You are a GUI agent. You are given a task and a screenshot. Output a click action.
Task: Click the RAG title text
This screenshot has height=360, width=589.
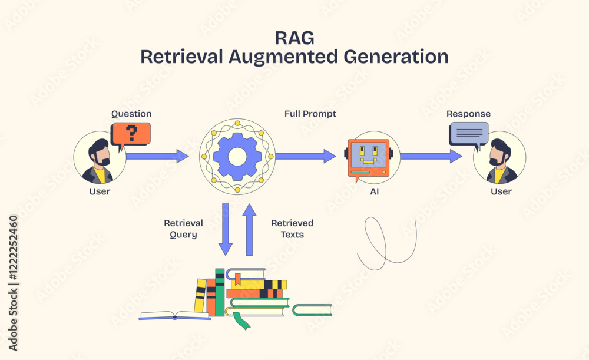(x=294, y=37)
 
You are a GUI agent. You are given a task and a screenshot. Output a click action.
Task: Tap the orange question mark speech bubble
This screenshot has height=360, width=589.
(x=131, y=134)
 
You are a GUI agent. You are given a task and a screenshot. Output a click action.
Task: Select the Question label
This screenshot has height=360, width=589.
(x=131, y=114)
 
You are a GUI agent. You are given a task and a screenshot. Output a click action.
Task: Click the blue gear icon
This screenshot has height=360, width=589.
(x=237, y=156)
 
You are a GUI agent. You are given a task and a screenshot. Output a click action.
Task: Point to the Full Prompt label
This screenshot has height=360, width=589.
(x=310, y=114)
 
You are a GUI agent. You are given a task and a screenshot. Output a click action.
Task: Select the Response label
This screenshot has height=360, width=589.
(x=468, y=114)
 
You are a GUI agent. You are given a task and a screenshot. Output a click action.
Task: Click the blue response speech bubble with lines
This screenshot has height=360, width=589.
(x=469, y=133)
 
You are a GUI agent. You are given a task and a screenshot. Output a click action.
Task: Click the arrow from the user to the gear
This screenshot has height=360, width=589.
(x=157, y=156)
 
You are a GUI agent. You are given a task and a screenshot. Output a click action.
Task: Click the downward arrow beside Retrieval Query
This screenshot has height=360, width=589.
(x=225, y=229)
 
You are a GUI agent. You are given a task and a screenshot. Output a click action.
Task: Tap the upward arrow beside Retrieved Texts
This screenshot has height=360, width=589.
(x=249, y=229)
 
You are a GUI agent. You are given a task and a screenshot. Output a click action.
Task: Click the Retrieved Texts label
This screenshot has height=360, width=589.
(x=292, y=229)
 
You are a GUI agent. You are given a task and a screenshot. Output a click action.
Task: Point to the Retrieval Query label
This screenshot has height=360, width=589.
(x=183, y=229)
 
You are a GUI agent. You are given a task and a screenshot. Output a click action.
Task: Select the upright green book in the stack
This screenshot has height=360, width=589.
(x=220, y=292)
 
